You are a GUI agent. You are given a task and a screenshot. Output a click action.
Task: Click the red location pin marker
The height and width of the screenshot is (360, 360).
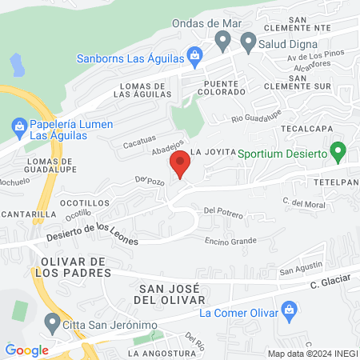click(180, 165)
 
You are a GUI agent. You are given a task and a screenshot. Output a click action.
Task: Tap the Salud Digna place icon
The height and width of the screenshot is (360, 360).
click(247, 40)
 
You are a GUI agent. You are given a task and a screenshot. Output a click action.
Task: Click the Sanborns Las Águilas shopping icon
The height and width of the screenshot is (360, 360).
click(194, 57)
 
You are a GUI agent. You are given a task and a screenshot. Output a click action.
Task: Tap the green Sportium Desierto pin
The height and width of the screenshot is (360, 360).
click(338, 150)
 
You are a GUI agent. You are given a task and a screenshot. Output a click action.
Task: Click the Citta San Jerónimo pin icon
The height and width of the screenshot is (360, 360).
click(54, 324)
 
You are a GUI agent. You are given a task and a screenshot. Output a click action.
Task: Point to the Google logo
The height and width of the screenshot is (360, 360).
click(27, 350)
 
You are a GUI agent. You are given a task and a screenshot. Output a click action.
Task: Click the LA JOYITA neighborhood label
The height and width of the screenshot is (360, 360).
click(212, 151)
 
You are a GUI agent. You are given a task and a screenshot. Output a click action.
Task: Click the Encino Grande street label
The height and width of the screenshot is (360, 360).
click(230, 241)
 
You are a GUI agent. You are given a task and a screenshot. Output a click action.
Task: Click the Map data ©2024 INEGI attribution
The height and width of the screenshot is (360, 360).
click(311, 354)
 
